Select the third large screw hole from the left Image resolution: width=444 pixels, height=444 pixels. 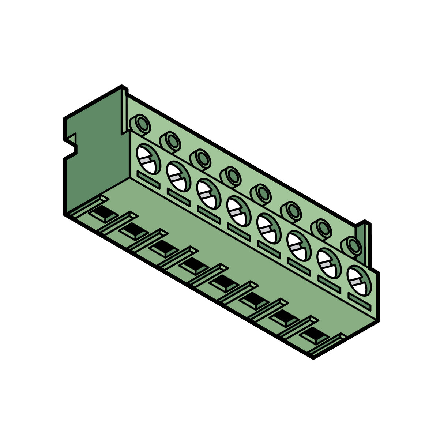[208, 193]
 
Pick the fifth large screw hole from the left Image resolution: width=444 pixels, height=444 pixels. [268, 227]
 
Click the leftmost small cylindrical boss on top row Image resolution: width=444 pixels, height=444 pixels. [140, 125]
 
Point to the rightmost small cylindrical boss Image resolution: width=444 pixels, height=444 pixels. [351, 247]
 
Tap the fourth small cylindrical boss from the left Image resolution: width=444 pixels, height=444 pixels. [230, 177]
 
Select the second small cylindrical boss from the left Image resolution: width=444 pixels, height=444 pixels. [170, 142]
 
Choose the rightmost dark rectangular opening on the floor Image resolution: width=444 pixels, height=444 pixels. [314, 334]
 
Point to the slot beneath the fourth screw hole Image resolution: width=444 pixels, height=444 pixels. [238, 230]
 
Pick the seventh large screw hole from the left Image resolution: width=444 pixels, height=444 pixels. [329, 262]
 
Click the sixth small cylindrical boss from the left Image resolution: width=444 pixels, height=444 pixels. [291, 212]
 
